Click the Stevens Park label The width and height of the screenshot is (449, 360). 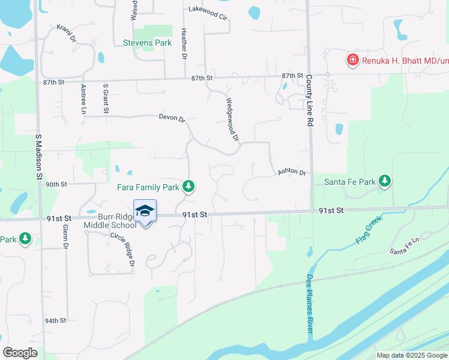coord(147,43)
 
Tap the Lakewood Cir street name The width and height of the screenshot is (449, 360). coord(208,12)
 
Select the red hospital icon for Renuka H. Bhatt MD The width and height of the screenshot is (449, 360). coord(352,60)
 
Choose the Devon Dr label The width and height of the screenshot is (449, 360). coord(172,118)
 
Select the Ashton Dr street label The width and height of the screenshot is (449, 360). coord(292,173)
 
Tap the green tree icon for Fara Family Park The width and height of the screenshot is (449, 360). coord(188,187)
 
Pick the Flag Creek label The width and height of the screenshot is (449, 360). coord(368,230)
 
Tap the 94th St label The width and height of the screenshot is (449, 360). coord(55,320)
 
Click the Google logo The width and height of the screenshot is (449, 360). coord(20,353)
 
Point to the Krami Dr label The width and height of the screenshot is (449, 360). coord(67,34)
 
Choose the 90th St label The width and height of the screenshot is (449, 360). coord(56,184)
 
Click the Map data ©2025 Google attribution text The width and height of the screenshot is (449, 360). coord(411,355)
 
